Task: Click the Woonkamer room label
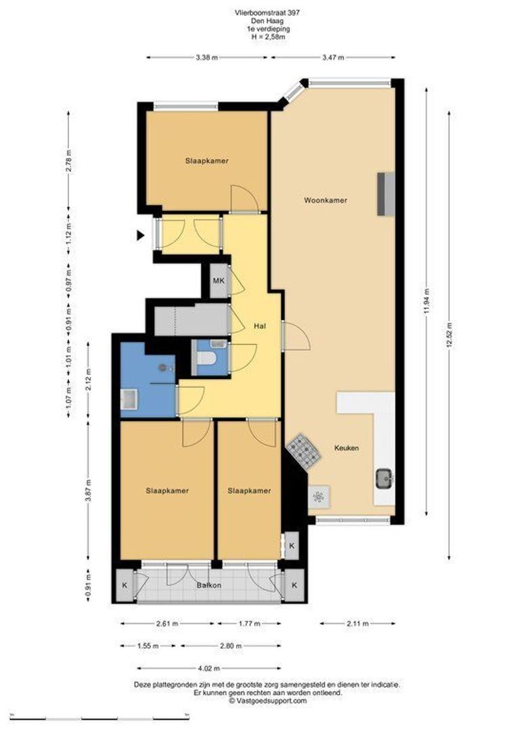(x=325, y=200)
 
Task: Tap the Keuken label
(x=346, y=448)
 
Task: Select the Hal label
(x=260, y=326)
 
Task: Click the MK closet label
(x=219, y=281)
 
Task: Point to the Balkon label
(x=208, y=585)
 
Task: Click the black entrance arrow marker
(x=140, y=236)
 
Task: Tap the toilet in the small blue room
(x=205, y=359)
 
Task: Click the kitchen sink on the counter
(x=384, y=479)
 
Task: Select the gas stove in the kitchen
(x=303, y=451)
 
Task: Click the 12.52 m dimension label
(x=449, y=335)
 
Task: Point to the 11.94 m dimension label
(x=426, y=302)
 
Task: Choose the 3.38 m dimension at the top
(x=206, y=58)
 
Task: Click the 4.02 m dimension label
(x=208, y=668)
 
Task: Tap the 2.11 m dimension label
(x=357, y=623)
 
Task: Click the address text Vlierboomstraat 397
(x=267, y=13)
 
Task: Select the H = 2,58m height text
(x=267, y=37)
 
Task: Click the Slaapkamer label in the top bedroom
(x=206, y=161)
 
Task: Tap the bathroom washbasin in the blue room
(x=128, y=399)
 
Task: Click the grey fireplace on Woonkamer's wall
(x=386, y=194)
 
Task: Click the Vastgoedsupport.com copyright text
(x=267, y=701)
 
